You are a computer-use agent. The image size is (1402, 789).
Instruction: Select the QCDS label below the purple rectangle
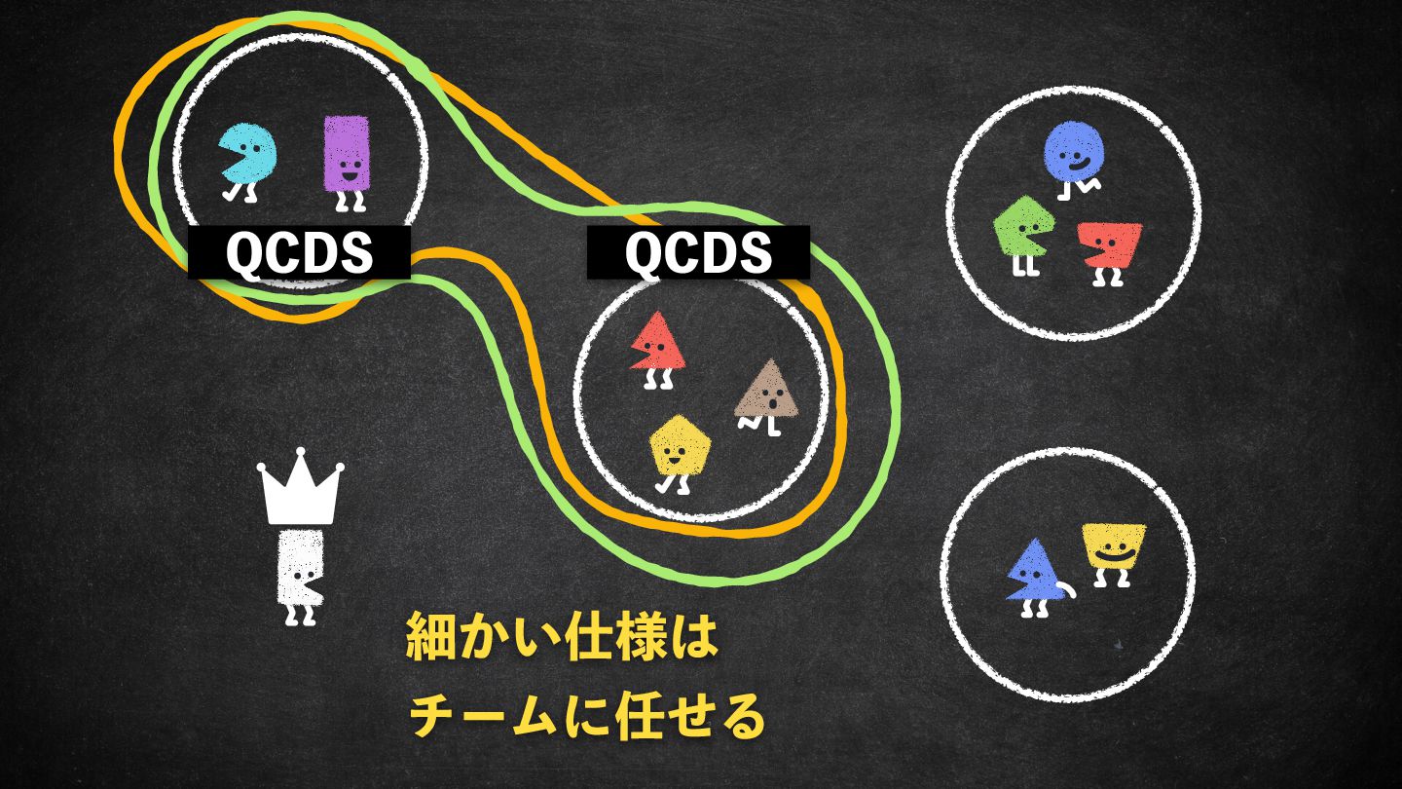pyautogui.click(x=299, y=253)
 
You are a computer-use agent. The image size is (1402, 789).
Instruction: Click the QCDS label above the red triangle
pyautogui.click(x=698, y=253)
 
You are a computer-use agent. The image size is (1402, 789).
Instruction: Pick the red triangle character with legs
pyautogui.click(x=658, y=343)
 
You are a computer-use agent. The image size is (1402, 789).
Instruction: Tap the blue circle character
pyautogui.click(x=1075, y=152)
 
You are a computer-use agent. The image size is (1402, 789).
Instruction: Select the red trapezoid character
pyautogui.click(x=1111, y=245)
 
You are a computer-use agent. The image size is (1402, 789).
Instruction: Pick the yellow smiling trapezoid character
pyautogui.click(x=1113, y=547)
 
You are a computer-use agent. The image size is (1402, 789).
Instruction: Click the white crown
pyautogui.click(x=301, y=486)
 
